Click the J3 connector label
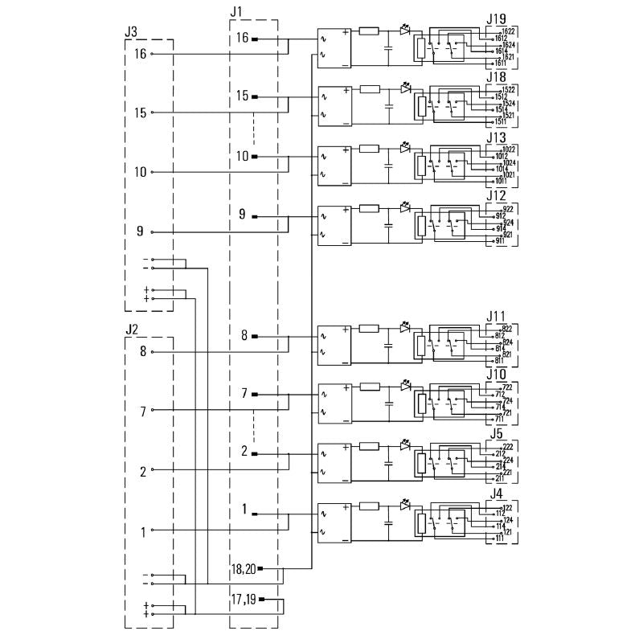click(130, 31)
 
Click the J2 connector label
click(132, 329)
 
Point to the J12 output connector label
click(497, 196)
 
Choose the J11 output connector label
click(497, 316)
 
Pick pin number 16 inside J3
click(141, 54)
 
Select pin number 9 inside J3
click(141, 232)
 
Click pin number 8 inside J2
click(142, 351)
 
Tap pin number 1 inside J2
click(143, 531)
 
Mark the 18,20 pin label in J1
click(243, 569)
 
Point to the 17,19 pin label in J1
click(243, 599)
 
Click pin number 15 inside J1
click(243, 96)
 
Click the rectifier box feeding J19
click(334, 47)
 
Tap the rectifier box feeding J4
click(334, 522)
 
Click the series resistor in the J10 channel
click(370, 387)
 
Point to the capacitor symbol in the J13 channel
click(388, 167)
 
